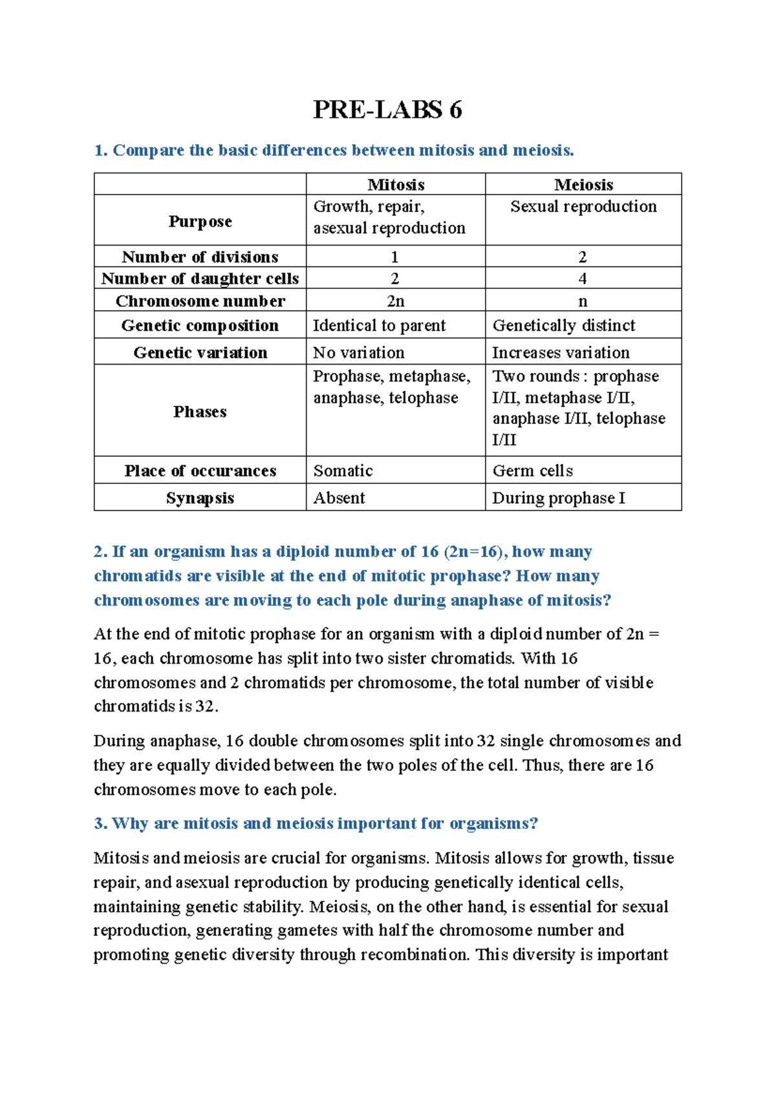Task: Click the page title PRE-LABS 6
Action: (387, 110)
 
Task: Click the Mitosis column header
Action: (396, 185)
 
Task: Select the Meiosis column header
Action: (583, 185)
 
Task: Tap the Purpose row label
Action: (200, 221)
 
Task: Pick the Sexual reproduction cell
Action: (583, 207)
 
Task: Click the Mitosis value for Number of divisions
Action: (395, 257)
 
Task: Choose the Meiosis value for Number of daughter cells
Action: (583, 279)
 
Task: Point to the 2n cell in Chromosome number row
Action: (395, 301)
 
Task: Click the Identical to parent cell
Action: (379, 326)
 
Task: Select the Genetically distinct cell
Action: (563, 326)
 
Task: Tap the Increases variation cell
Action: (561, 353)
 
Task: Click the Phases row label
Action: (200, 412)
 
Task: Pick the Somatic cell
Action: (343, 471)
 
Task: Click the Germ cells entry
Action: (532, 471)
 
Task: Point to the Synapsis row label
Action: (200, 498)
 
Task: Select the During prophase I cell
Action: (558, 498)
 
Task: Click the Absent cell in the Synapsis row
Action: (339, 498)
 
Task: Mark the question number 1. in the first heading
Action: (100, 151)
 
